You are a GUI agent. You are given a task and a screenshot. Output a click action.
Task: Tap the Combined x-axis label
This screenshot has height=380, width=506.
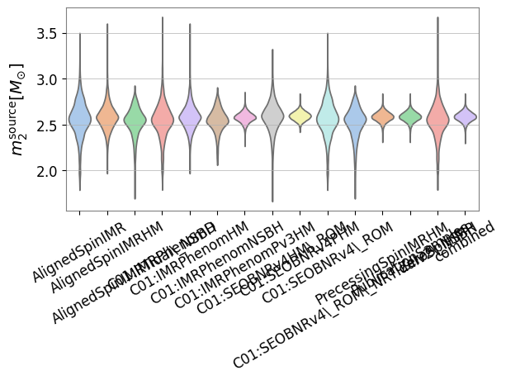(464, 240)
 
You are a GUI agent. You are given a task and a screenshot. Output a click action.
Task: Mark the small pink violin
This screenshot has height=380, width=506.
(245, 118)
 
